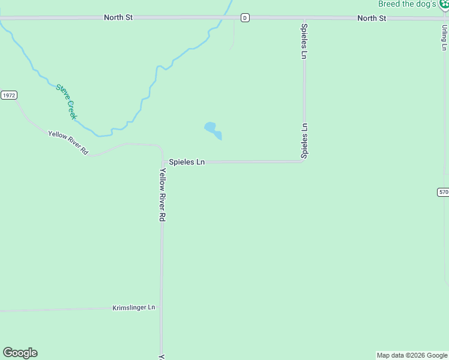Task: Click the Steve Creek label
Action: [66, 101]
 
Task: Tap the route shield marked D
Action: [245, 18]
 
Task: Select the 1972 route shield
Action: [8, 95]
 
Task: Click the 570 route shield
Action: [443, 192]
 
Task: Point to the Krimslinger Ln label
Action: [134, 308]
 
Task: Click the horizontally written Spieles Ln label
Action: [187, 162]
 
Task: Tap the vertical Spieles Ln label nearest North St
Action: [304, 41]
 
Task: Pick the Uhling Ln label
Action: [444, 38]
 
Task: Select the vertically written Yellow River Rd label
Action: [162, 195]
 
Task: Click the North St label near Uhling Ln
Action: [372, 18]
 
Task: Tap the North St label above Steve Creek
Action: [118, 17]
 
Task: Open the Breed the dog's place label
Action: [407, 4]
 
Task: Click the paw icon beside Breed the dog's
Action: [444, 4]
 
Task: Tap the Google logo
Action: [20, 353]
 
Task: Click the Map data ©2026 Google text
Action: [412, 355]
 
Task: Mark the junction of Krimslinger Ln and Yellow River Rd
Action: [161, 309]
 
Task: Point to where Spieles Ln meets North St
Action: [304, 19]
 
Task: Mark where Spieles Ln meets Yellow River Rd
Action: [163, 161]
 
